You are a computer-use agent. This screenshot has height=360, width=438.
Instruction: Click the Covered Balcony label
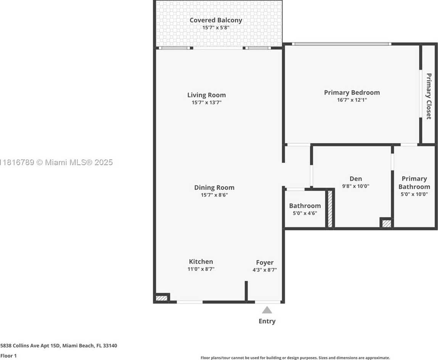tap(216, 20)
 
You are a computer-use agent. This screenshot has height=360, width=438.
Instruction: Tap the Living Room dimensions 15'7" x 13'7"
tap(207, 103)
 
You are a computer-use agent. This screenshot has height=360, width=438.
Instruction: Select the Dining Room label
tap(214, 187)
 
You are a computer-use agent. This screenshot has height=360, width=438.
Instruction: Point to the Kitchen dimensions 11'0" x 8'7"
tap(201, 269)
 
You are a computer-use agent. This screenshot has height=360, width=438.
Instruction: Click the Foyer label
tap(265, 262)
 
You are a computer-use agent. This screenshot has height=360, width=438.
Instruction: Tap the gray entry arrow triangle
tap(267, 310)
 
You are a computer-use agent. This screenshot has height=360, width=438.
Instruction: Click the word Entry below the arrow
tap(267, 321)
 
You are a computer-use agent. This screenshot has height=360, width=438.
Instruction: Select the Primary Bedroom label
tap(352, 92)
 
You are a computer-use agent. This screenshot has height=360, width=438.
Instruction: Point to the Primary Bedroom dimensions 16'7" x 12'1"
tap(352, 100)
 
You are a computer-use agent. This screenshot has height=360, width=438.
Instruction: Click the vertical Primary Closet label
tap(429, 96)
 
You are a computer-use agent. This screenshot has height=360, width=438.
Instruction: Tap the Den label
tap(356, 179)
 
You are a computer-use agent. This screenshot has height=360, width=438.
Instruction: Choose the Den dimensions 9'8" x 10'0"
tap(356, 186)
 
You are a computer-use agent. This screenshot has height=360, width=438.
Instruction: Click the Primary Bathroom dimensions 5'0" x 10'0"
tap(414, 194)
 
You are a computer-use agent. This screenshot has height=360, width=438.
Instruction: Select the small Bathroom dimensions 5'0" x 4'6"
tap(305, 213)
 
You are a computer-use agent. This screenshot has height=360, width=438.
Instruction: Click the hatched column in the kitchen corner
tap(161, 298)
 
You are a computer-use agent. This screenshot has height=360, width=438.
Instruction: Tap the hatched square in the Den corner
tap(387, 224)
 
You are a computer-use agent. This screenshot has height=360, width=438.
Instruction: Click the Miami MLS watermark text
tap(56, 162)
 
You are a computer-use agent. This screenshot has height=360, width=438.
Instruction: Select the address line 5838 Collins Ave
tap(59, 346)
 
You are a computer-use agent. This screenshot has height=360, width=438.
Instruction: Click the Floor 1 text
tap(8, 356)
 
